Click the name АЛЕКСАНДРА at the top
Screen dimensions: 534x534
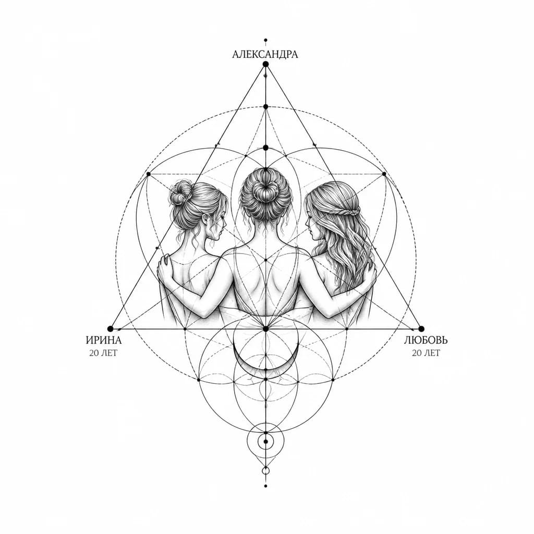click(x=265, y=54)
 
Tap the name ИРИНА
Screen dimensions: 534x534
click(x=104, y=340)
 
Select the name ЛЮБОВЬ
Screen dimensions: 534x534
click(x=426, y=340)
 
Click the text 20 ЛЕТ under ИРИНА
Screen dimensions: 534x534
click(x=103, y=353)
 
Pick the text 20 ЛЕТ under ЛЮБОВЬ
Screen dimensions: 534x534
click(x=426, y=353)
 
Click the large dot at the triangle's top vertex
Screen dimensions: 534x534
click(x=265, y=64)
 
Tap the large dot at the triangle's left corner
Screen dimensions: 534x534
click(x=110, y=329)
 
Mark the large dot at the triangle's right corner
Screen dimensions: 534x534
click(x=421, y=329)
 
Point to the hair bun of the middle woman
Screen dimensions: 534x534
click(x=265, y=188)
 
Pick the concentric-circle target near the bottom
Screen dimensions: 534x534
click(x=265, y=442)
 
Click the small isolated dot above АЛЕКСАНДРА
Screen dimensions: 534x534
click(x=265, y=40)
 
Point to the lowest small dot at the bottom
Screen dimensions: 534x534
click(x=265, y=486)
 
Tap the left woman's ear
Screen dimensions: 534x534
click(x=205, y=219)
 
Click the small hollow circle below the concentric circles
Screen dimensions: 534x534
click(x=265, y=471)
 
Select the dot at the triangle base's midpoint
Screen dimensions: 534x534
click(x=265, y=329)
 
